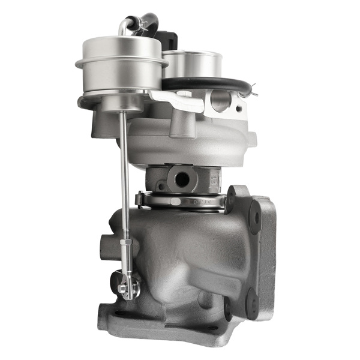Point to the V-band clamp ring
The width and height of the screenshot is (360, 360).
pos(180,202)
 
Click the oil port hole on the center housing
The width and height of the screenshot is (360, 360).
pos(179,178)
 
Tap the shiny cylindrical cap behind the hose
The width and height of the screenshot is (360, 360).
pos(192,63)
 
